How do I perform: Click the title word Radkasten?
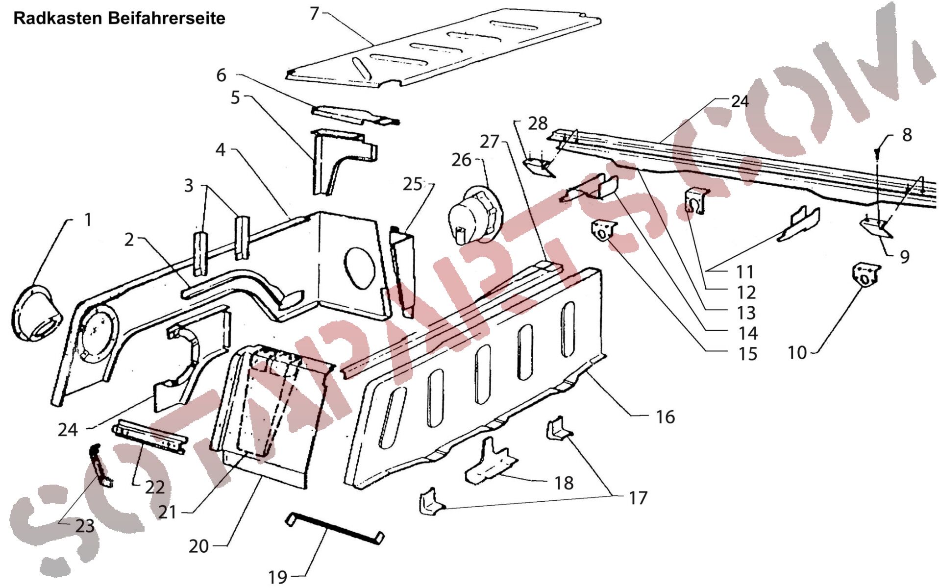pyautogui.click(x=58, y=19)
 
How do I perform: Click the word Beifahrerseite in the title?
pyautogui.click(x=167, y=19)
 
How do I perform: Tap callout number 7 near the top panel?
pyautogui.click(x=315, y=13)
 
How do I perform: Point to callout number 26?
pyautogui.click(x=461, y=160)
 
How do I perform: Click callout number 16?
pyautogui.click(x=665, y=417)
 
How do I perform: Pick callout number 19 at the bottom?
pyautogui.click(x=278, y=577)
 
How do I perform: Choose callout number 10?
pyautogui.click(x=797, y=352)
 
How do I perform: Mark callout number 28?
pyautogui.click(x=538, y=123)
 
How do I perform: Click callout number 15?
pyautogui.click(x=748, y=354)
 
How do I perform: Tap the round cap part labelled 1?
pyautogui.click(x=37, y=314)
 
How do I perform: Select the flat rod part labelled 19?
pyautogui.click(x=335, y=527)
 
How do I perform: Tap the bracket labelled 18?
pyautogui.click(x=490, y=462)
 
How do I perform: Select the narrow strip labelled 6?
pyautogui.click(x=355, y=116)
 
